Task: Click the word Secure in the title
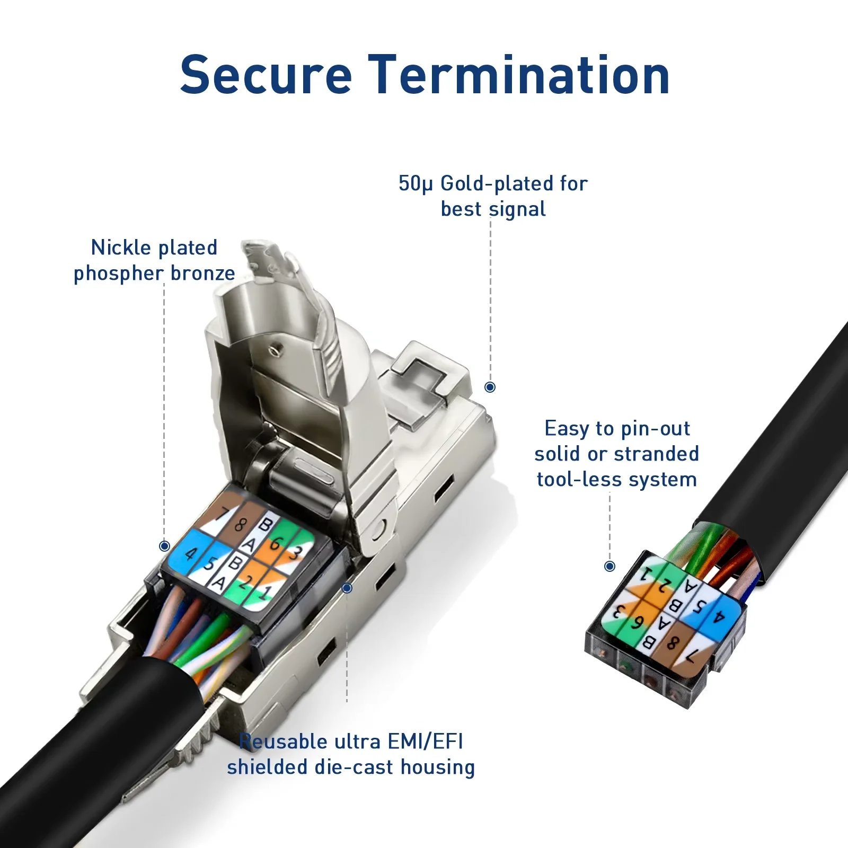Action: point(266,75)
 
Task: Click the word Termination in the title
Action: point(519,75)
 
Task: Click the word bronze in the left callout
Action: point(203,273)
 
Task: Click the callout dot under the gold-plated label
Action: point(490,387)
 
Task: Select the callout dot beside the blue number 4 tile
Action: point(164,546)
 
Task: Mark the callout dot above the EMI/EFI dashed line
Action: point(347,588)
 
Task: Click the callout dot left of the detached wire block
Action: point(610,566)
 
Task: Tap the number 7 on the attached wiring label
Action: point(225,514)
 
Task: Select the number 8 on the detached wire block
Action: point(673,643)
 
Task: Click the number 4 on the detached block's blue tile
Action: point(719,616)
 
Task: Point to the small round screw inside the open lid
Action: point(274,349)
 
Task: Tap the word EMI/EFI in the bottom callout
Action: point(426,741)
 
